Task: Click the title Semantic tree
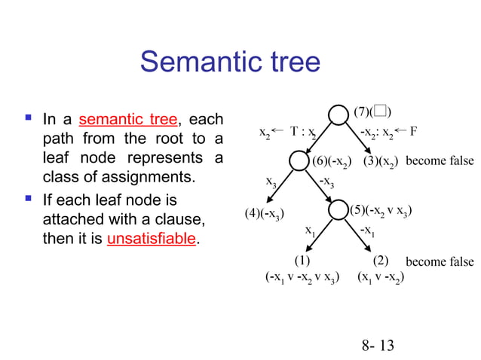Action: tap(230, 62)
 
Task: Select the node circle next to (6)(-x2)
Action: tap(299, 161)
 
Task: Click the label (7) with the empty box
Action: tap(372, 112)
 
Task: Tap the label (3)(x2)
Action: tap(381, 160)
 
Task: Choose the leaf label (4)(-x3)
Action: tap(266, 214)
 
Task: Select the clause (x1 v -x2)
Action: tap(381, 277)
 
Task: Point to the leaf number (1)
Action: tap(302, 261)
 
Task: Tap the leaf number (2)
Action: tap(380, 261)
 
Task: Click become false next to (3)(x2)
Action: tap(440, 160)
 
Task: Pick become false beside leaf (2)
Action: tap(440, 261)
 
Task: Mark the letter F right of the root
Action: tap(414, 130)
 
